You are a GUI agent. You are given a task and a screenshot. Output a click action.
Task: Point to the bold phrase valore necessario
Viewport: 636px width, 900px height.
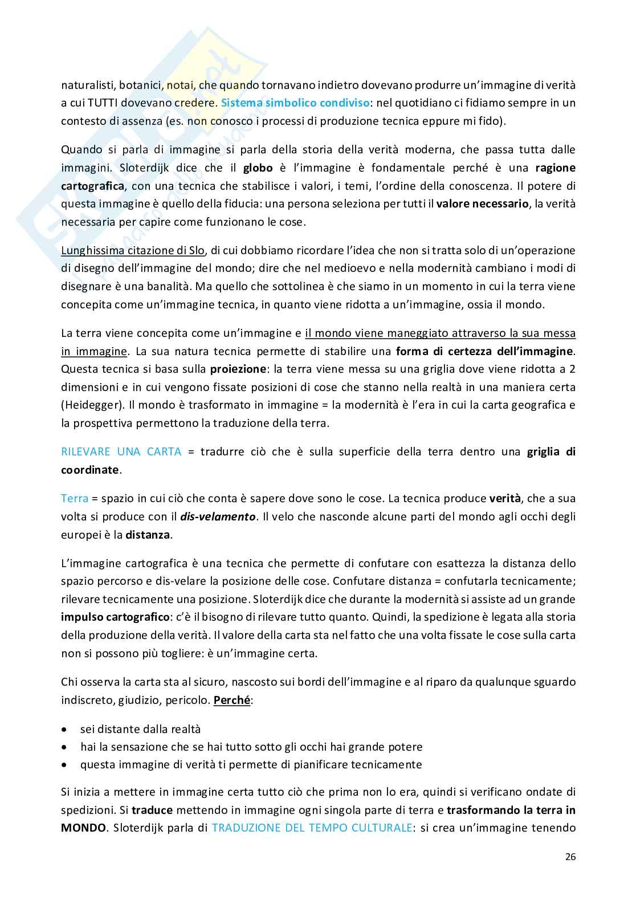click(482, 204)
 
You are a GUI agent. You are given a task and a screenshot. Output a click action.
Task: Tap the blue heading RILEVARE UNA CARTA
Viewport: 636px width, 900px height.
click(121, 452)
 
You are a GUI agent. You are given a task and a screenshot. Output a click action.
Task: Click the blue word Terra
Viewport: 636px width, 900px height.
click(74, 498)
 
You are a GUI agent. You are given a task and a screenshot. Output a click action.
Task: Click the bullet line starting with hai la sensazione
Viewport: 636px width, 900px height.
click(251, 747)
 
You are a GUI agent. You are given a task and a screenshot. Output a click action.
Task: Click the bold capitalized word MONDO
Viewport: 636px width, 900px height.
click(83, 828)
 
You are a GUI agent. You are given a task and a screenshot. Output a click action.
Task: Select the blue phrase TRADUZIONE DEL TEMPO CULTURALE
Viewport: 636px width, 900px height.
click(312, 828)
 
